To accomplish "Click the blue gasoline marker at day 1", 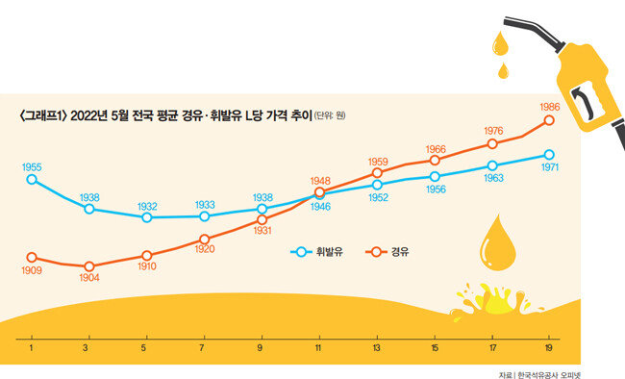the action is click(x=32, y=180).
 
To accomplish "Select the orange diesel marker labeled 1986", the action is click(x=549, y=120).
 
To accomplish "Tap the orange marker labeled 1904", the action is click(x=89, y=266).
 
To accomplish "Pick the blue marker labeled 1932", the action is click(x=147, y=217).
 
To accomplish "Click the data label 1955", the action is click(x=32, y=167).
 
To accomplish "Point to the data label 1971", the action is click(x=550, y=167).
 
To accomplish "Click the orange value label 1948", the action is click(x=320, y=181).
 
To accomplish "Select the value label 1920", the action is click(x=205, y=249).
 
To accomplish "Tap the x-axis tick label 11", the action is click(x=318, y=348).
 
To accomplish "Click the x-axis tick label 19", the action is click(x=549, y=348).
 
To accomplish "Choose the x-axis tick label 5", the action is click(x=143, y=348).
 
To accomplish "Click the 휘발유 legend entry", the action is click(x=317, y=252).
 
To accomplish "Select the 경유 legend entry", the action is click(x=387, y=252).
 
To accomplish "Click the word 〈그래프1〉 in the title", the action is click(x=42, y=115).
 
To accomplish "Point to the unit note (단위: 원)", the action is click(x=330, y=115).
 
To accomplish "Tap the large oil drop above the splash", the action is click(x=497, y=242).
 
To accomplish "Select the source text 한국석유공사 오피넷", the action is click(x=549, y=375).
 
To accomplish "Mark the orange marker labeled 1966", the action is click(x=435, y=160).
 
